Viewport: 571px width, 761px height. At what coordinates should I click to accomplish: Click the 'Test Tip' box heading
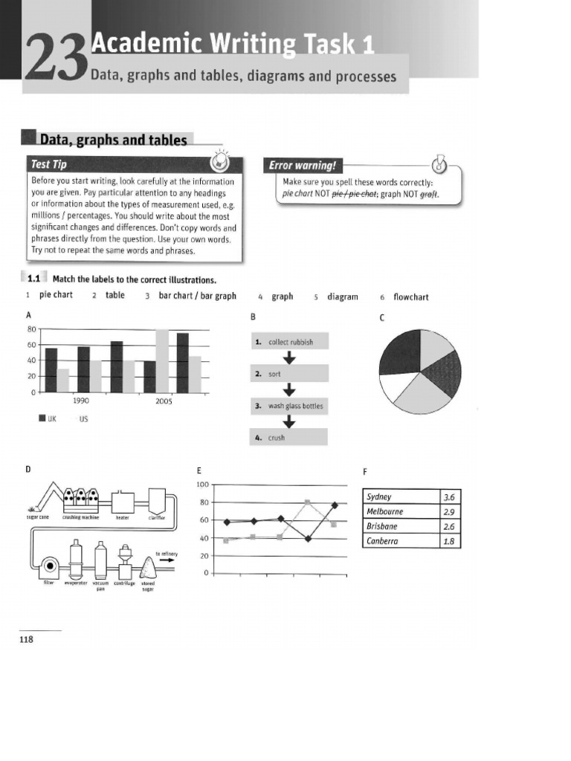point(51,163)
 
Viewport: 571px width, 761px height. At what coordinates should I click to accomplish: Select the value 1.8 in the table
point(448,541)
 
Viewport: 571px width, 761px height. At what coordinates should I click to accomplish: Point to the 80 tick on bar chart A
point(31,328)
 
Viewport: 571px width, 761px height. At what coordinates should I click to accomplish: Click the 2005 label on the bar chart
point(164,401)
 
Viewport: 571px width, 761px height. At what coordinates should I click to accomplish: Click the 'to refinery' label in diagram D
point(164,554)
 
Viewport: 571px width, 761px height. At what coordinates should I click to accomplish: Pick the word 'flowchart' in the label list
point(410,297)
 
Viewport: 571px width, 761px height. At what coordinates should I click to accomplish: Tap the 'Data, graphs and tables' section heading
point(112,140)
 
